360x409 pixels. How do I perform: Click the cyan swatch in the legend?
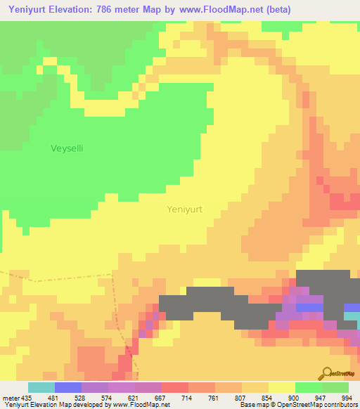[41, 388]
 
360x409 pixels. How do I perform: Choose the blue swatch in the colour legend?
[67, 388]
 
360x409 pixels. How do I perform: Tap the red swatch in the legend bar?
[174, 388]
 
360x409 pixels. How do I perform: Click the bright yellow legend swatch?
[281, 388]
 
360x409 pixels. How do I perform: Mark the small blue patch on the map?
[309, 307]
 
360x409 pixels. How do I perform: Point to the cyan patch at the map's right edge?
[352, 316]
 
